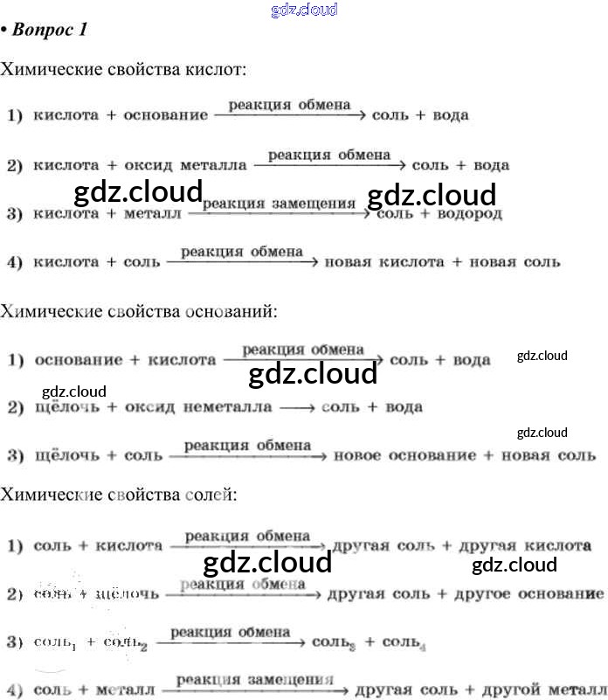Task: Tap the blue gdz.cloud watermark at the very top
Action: pos(304,10)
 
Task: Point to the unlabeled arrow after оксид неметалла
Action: pos(296,407)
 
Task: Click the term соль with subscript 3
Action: pos(332,642)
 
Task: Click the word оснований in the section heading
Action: pos(232,310)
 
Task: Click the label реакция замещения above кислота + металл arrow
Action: pos(279,204)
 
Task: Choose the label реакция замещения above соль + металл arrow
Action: pos(255,677)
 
